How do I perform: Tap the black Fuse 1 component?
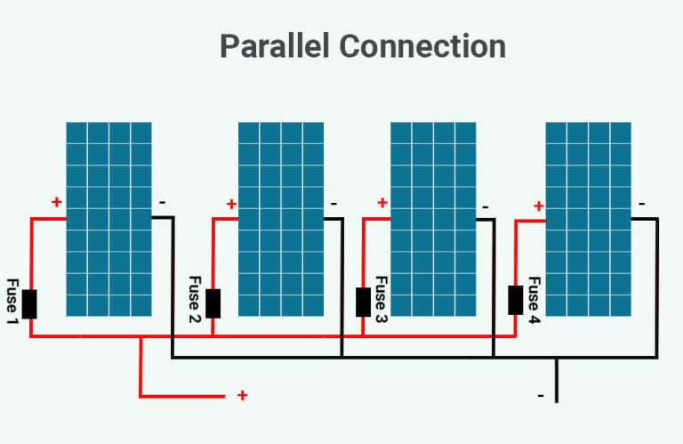[29, 303]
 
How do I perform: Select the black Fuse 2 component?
[213, 303]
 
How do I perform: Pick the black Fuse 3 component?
[363, 302]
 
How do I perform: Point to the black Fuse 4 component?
[515, 300]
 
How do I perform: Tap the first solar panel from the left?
[108, 219]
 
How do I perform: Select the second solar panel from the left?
[280, 219]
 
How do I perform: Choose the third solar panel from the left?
[433, 219]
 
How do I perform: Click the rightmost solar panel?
[588, 219]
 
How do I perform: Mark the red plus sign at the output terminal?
[242, 395]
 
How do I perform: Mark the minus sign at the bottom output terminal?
[540, 394]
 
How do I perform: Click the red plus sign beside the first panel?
[57, 202]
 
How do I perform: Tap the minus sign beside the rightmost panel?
[642, 204]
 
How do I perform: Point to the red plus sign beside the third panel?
[382, 203]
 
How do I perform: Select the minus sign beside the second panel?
[333, 204]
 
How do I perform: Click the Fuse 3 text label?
[381, 299]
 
